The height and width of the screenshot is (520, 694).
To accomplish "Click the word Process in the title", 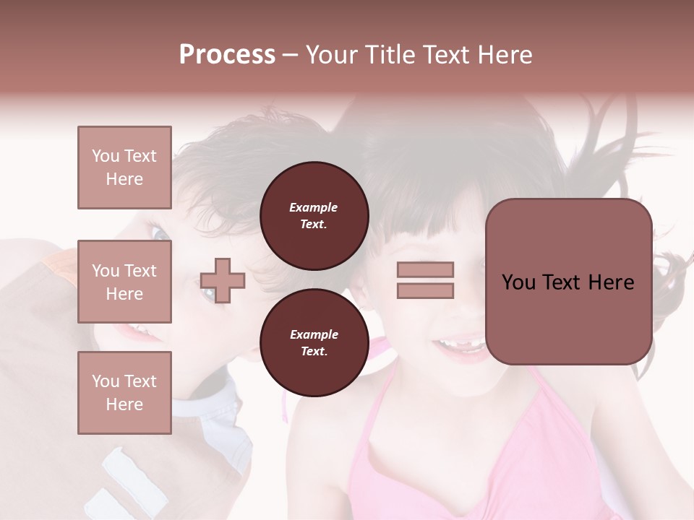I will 227,55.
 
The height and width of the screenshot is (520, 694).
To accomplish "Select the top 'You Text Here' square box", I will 124,168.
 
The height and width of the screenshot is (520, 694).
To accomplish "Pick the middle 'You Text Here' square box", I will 124,282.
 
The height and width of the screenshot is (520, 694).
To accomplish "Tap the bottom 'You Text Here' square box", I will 124,393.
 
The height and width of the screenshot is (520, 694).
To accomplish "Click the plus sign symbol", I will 223,280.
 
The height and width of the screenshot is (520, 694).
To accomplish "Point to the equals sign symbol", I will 425,280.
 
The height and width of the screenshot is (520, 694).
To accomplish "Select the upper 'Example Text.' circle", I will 314,215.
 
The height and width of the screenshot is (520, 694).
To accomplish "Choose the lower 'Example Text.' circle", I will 314,343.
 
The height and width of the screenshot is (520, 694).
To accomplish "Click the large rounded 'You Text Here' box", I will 568,282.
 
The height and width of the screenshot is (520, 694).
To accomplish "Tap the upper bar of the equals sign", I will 425,270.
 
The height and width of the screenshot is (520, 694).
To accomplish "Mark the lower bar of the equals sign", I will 425,290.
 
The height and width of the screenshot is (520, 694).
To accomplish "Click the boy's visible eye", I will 159,233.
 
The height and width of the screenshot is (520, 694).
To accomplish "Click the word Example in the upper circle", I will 314,207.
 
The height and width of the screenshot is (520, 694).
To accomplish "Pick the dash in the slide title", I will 291,55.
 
